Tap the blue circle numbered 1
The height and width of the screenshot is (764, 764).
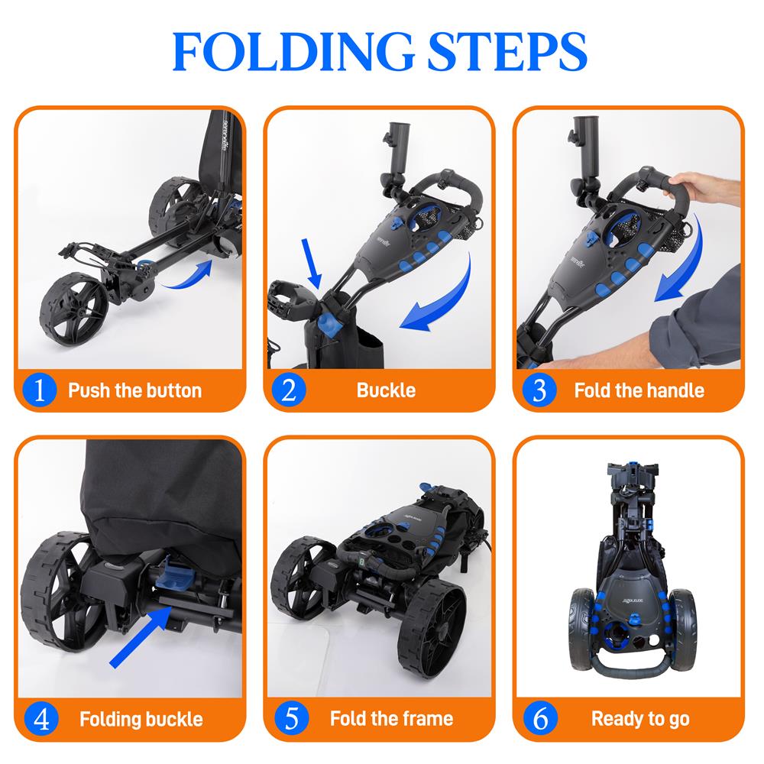pos(41,390)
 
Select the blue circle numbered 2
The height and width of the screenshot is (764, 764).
pos(289,390)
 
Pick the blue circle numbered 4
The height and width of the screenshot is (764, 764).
pos(41,719)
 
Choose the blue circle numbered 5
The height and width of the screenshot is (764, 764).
pos(289,719)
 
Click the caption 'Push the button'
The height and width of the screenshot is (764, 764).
pos(134,391)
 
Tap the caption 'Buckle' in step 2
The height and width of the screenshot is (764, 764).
pos(386,391)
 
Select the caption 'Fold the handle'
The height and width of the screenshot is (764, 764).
pos(639,391)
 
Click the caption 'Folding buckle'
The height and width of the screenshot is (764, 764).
pos(141,720)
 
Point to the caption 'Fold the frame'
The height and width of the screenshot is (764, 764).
pos(391,720)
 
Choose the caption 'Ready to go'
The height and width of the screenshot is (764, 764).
pos(640,720)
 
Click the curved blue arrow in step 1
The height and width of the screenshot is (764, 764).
pos(187,275)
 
